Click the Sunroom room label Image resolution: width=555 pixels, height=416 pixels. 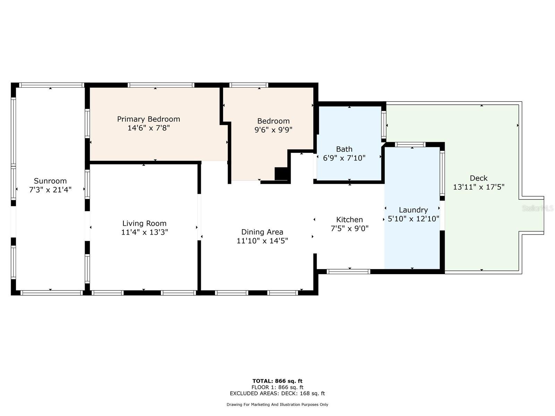(x=50, y=181)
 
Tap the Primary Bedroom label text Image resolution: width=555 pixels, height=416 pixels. (x=148, y=119)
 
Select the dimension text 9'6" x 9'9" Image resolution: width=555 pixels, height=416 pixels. (x=273, y=130)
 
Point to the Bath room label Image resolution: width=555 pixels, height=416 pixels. (x=344, y=149)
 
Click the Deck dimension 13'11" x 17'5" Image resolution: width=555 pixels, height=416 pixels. (x=479, y=187)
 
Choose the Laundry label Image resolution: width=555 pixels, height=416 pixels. (x=413, y=210)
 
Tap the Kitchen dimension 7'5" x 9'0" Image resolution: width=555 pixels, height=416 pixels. (x=350, y=228)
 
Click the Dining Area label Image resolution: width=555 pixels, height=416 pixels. (x=262, y=232)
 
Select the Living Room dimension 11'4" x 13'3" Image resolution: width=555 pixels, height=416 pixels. (x=144, y=232)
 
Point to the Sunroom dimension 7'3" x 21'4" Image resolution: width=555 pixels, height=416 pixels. (x=50, y=189)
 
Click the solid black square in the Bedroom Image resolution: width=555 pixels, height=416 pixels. (x=281, y=174)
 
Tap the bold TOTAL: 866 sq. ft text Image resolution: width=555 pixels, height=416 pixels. (x=277, y=381)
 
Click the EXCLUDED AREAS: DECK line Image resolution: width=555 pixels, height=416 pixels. (x=277, y=393)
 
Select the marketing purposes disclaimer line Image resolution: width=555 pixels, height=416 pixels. (x=277, y=404)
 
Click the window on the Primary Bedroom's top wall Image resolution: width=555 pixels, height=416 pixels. (x=161, y=85)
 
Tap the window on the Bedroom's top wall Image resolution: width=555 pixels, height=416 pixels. (x=249, y=85)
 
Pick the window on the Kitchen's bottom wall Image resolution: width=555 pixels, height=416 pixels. (x=348, y=271)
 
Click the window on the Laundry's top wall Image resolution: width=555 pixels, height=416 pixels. (x=410, y=145)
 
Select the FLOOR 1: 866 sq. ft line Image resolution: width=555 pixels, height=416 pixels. (x=277, y=387)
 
